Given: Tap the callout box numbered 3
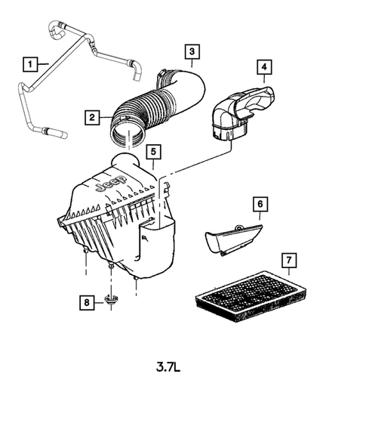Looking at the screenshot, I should pos(193,51).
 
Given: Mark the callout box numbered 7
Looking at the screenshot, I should pos(288,261).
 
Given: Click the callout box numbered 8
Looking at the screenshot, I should pos(89,303).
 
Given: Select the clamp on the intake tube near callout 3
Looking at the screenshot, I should pos(164,79).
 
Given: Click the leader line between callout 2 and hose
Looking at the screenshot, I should pos(106,117).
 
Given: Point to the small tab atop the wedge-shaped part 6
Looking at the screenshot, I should pos(237,226).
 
